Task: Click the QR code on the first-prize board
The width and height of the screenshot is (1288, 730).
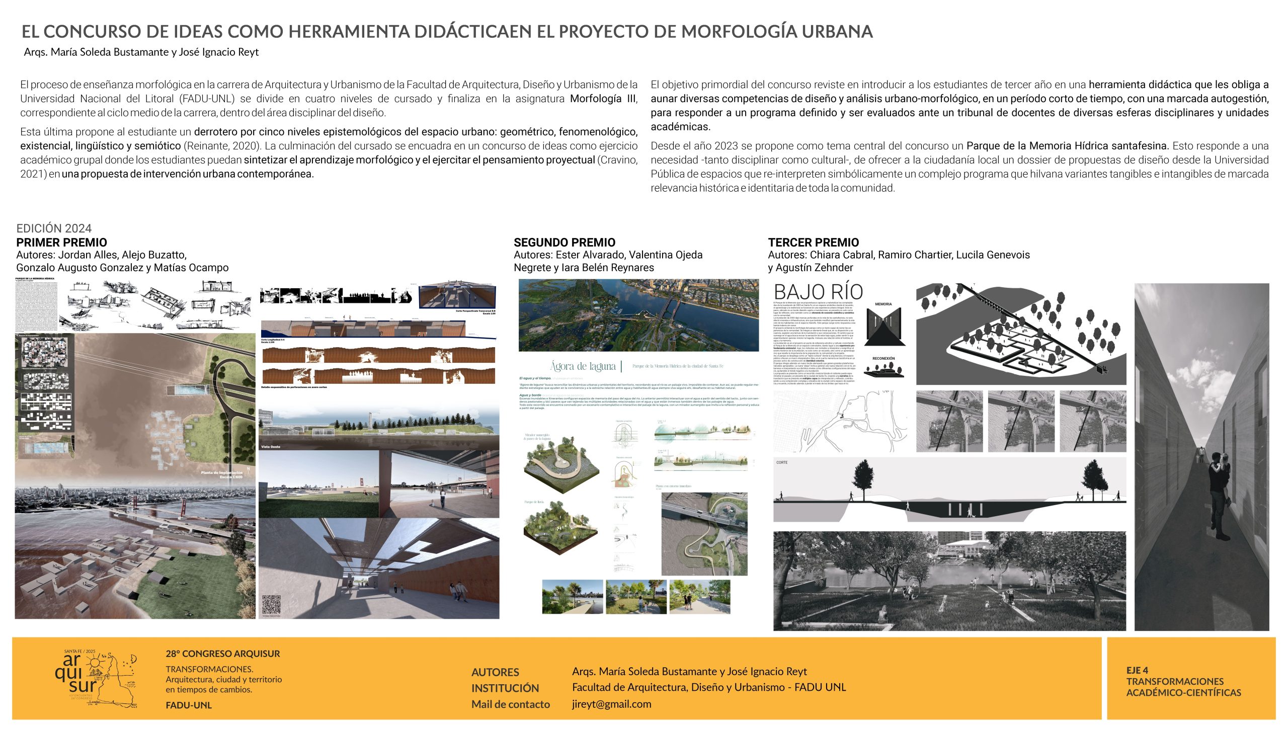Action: coord(271,604)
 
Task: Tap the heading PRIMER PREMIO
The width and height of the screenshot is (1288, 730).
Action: coord(61,242)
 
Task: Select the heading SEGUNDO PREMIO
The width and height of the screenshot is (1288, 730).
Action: coord(565,242)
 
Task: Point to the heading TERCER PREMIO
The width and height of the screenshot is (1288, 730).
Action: coord(813,242)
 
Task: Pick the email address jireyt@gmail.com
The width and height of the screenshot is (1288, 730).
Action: coord(611,704)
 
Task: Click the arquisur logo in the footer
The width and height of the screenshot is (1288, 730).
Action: coord(96,678)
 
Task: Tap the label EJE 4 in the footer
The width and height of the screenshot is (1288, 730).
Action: coord(1137,670)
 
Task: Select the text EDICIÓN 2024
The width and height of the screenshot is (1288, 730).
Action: coord(54,228)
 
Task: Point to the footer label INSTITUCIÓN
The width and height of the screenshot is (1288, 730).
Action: coord(505,688)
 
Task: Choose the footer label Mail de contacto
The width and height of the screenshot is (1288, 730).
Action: coord(510,704)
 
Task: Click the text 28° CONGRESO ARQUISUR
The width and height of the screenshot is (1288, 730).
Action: coord(223,654)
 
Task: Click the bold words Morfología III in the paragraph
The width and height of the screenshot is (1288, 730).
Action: coord(603,99)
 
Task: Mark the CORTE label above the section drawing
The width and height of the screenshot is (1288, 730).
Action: coord(782,462)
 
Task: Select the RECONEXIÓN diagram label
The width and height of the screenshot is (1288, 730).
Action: coord(883,359)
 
